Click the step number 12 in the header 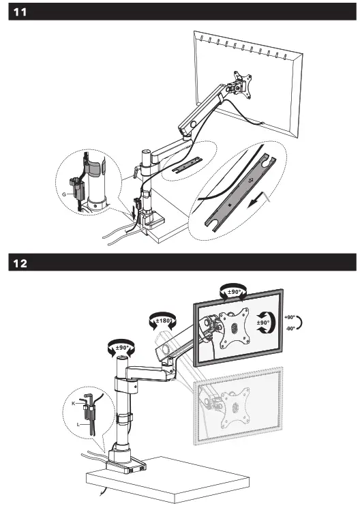(20, 263)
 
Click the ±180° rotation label (162, 320)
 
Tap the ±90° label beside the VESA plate (262, 323)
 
